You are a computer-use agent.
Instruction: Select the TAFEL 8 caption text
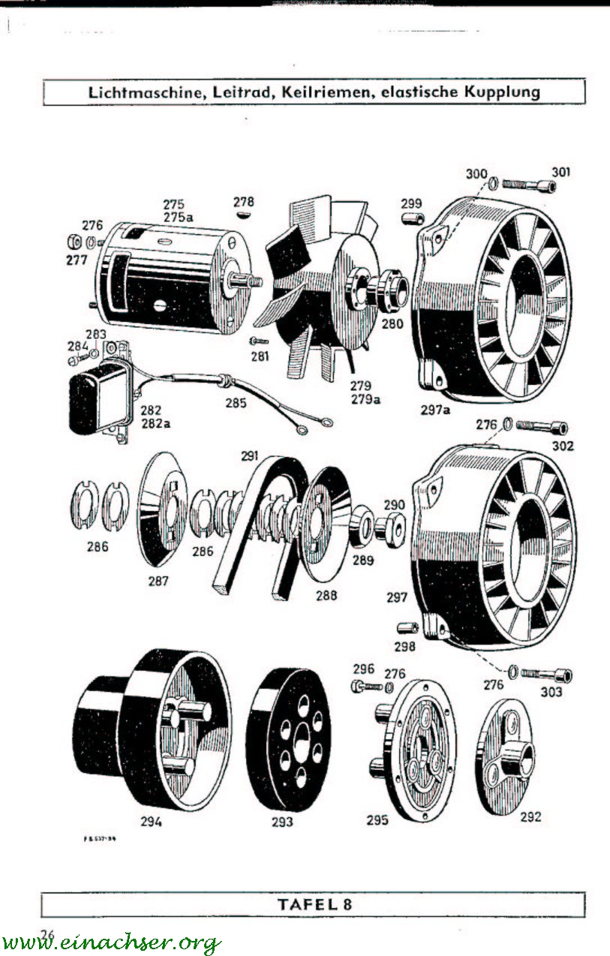pyautogui.click(x=314, y=903)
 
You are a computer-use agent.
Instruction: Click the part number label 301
pyautogui.click(x=561, y=172)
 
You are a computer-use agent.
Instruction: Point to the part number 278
pyautogui.click(x=244, y=202)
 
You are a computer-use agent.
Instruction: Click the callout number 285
pyautogui.click(x=236, y=403)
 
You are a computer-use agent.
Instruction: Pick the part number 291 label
pyautogui.click(x=249, y=455)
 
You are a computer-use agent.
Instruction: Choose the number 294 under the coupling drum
pyautogui.click(x=151, y=821)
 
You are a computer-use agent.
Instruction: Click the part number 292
pyautogui.click(x=530, y=817)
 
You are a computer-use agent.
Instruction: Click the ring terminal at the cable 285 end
pyautogui.click(x=300, y=431)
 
